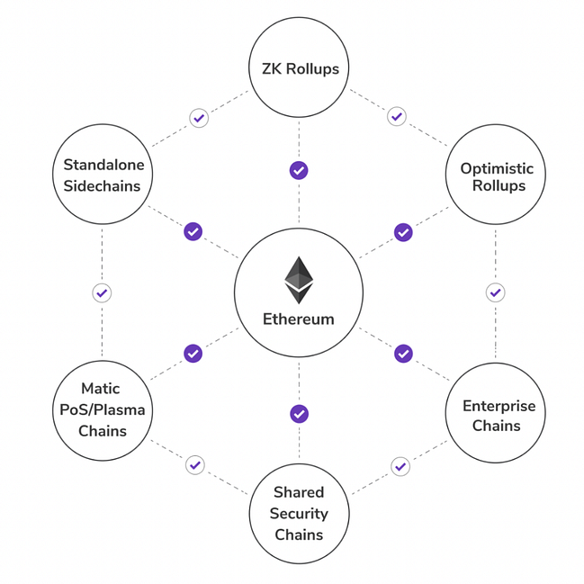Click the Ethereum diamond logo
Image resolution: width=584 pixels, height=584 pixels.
tap(299, 280)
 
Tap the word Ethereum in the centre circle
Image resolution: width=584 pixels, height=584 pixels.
tap(299, 319)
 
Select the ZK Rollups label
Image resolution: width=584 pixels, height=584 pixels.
tap(301, 69)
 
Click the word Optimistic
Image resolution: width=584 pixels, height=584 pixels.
tap(497, 168)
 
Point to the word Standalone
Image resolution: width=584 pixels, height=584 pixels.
tap(103, 165)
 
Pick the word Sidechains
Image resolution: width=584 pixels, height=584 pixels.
tap(102, 186)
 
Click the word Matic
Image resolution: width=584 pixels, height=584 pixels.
tap(101, 389)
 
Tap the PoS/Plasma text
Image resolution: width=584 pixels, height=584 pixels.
tap(103, 409)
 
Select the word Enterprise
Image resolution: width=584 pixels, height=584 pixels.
tap(499, 406)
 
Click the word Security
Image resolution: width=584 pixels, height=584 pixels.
tap(299, 514)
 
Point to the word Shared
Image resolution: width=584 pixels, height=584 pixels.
tap(299, 492)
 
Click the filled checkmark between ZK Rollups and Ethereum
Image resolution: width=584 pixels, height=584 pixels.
tap(299, 171)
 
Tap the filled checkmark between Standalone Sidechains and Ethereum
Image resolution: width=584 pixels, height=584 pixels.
tap(193, 231)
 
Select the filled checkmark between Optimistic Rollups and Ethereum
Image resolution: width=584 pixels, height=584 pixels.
tap(403, 232)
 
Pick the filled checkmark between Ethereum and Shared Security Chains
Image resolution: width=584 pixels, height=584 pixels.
tap(299, 414)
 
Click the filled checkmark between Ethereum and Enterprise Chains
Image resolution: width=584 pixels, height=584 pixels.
tap(403, 354)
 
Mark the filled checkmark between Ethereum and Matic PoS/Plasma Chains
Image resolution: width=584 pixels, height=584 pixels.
tap(193, 354)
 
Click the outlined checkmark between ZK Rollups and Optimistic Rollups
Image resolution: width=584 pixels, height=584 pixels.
tap(397, 117)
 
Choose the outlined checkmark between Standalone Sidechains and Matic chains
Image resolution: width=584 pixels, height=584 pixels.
tap(102, 293)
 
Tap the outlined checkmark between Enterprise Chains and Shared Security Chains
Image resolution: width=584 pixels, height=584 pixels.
tap(400, 466)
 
